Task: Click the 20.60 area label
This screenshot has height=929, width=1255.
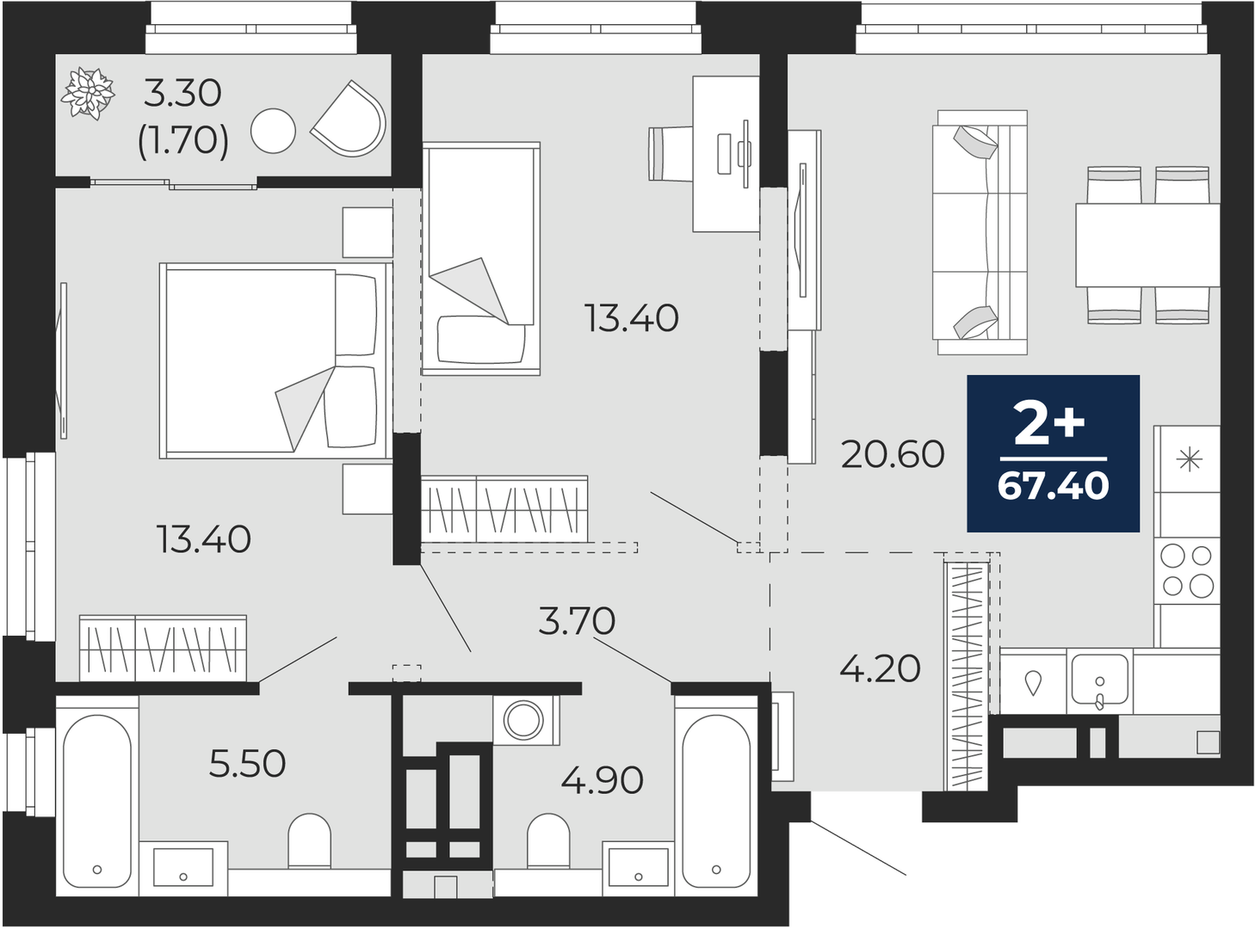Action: (x=893, y=455)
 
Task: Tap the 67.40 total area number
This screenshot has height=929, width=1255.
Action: (x=1053, y=486)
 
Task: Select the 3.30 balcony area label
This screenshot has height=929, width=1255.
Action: (x=182, y=94)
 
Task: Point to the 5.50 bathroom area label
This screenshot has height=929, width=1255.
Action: (x=247, y=764)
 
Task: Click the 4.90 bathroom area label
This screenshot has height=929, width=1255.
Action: (x=602, y=780)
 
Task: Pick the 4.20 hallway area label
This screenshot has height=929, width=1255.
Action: (x=880, y=669)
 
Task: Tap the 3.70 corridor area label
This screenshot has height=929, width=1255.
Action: (x=577, y=620)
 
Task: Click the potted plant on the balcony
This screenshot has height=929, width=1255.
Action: (x=88, y=93)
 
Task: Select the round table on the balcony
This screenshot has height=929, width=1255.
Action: (x=273, y=131)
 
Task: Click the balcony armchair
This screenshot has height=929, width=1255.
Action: (x=349, y=120)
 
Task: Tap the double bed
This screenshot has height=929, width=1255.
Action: (x=276, y=360)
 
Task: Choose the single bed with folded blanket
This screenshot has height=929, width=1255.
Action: (x=481, y=258)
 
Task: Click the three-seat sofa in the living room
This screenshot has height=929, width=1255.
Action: (x=980, y=232)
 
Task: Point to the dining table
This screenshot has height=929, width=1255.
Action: (x=1147, y=245)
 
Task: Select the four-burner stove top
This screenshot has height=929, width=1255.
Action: (x=1186, y=571)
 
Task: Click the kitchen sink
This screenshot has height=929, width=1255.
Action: (x=1099, y=680)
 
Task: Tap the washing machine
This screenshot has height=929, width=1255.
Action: (x=526, y=720)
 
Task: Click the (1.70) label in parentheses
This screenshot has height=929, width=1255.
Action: (x=183, y=141)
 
